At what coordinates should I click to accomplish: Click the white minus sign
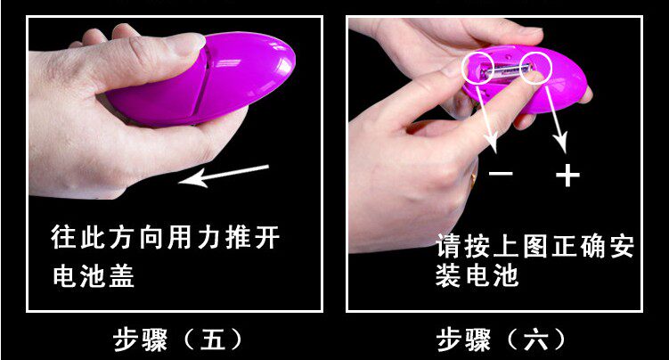[x=501, y=173]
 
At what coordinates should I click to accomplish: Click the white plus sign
[x=567, y=175]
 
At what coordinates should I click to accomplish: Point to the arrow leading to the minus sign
[x=486, y=118]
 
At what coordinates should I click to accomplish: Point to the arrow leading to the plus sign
[x=557, y=119]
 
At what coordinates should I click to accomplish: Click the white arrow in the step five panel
[x=224, y=176]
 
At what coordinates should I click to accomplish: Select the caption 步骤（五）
[x=177, y=340]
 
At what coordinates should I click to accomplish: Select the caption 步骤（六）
[x=501, y=340]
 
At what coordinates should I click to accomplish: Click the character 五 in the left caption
[x=213, y=340]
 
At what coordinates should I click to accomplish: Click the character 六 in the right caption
[x=536, y=340]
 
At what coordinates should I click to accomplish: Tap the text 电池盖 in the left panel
[x=94, y=275]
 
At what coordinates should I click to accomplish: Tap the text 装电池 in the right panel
[x=477, y=275]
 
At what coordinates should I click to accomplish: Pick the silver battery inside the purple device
[x=507, y=70]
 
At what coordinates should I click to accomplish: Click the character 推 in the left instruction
[x=238, y=237]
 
